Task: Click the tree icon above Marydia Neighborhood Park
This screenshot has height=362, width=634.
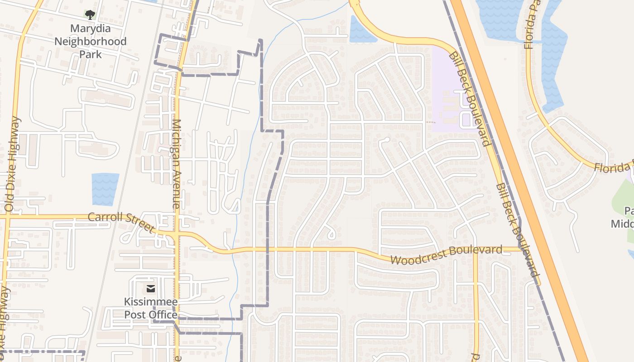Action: pos(90,15)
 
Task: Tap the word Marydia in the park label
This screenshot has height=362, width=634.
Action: pos(90,29)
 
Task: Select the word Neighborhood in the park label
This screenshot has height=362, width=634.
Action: pos(90,42)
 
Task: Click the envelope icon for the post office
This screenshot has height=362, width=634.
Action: pos(151,288)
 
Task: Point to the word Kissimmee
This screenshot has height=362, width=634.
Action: pos(151,302)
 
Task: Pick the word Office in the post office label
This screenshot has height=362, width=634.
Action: pos(163,314)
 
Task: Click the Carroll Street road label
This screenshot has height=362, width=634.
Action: pos(121,222)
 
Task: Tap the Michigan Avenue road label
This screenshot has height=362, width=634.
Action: pos(177,164)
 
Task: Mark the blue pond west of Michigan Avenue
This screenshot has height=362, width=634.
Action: pos(105,189)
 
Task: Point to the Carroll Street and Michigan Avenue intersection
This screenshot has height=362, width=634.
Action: pos(177,235)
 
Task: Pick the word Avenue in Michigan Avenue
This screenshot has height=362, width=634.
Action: pos(177,190)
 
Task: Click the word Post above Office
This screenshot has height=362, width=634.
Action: pos(136,314)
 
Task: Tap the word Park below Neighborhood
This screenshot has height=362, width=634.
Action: pos(90,54)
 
